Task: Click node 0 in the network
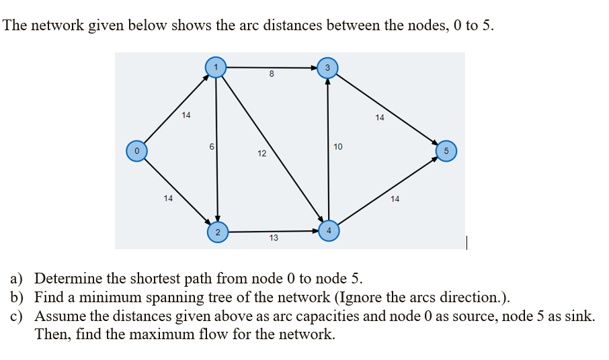coord(136,150)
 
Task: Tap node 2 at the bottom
coord(217,232)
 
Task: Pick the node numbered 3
coord(327,67)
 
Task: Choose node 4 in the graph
coord(329,230)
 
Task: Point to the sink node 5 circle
coord(447,150)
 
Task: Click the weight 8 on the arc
coord(271,75)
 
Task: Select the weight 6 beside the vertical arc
coord(211,146)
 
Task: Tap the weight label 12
coord(261,154)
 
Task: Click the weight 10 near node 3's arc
coord(337,146)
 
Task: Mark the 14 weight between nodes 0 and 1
coord(186,115)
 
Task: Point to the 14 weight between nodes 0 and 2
coord(168,198)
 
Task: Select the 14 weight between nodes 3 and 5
coord(380,118)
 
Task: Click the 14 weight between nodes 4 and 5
coord(395,199)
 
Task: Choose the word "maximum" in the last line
coord(129,334)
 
